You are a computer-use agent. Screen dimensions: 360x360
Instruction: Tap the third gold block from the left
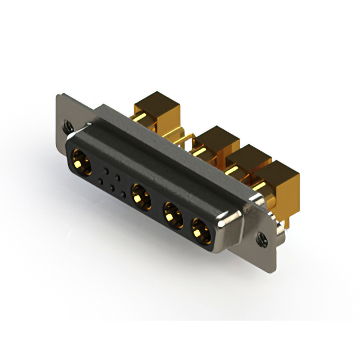coord(247,159)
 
